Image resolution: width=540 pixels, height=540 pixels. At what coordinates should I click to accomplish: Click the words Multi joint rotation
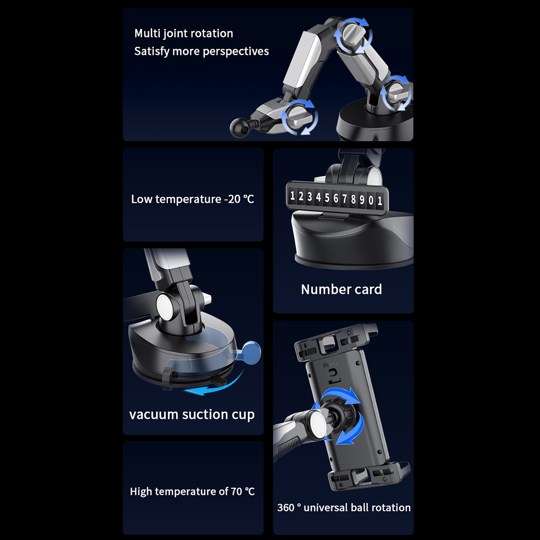[x=184, y=33]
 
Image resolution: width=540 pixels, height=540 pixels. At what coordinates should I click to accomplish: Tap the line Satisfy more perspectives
[x=201, y=51]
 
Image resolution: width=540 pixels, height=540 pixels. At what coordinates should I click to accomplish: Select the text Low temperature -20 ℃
[x=192, y=199]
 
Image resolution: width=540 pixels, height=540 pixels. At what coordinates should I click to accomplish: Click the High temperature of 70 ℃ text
[x=192, y=491]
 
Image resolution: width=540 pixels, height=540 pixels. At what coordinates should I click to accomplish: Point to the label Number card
[x=341, y=289]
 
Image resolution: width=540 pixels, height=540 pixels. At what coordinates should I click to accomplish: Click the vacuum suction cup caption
[x=192, y=415]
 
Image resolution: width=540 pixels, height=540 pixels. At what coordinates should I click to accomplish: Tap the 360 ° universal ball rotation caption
[x=344, y=508]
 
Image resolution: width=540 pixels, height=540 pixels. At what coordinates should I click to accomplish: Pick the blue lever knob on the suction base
[x=251, y=352]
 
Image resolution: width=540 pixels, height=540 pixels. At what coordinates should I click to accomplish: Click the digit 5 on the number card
[x=327, y=198]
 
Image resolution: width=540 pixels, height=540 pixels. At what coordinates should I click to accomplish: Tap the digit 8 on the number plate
[x=353, y=199]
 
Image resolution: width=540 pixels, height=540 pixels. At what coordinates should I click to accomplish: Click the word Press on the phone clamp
[x=330, y=364]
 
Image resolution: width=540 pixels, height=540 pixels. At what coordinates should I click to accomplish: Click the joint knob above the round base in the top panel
[x=396, y=93]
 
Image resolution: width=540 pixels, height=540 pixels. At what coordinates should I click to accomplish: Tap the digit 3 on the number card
[x=309, y=197]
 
